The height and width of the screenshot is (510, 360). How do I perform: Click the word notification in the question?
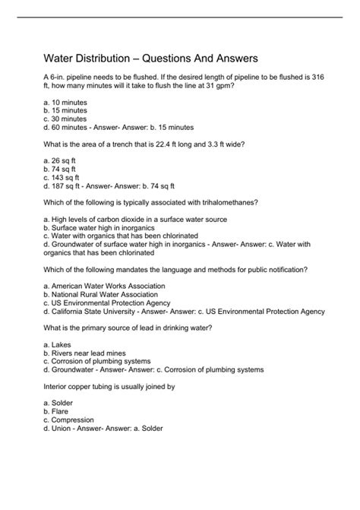pyautogui.click(x=286, y=269)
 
